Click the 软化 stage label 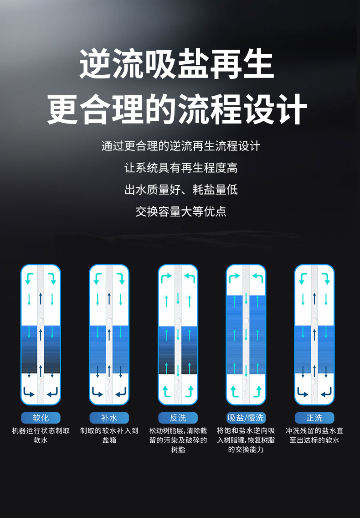[41, 418]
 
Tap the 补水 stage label [109, 418]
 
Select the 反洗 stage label [178, 418]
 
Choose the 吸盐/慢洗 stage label [246, 418]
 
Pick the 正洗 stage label [314, 418]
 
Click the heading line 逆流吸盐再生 [177, 63]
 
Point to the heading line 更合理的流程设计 [177, 109]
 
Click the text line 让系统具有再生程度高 [181, 168]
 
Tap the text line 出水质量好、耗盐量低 [181, 190]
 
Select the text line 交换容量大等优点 [181, 212]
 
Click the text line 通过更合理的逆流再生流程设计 [181, 146]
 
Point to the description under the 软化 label [41, 435]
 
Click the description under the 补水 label [109, 435]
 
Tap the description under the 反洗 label [178, 440]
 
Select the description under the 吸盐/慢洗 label [246, 440]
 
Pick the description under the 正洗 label [314, 435]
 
